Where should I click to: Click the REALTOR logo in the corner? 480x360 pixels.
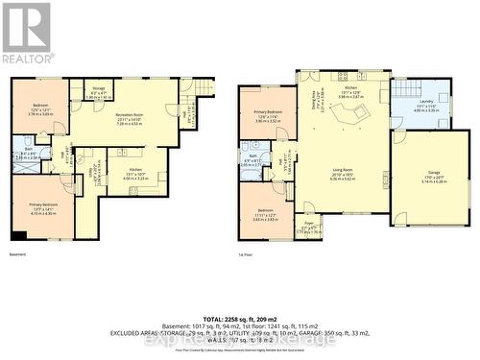click(26, 33)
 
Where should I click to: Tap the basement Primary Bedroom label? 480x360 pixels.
click(41, 210)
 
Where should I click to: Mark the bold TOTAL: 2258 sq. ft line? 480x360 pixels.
click(239, 316)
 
